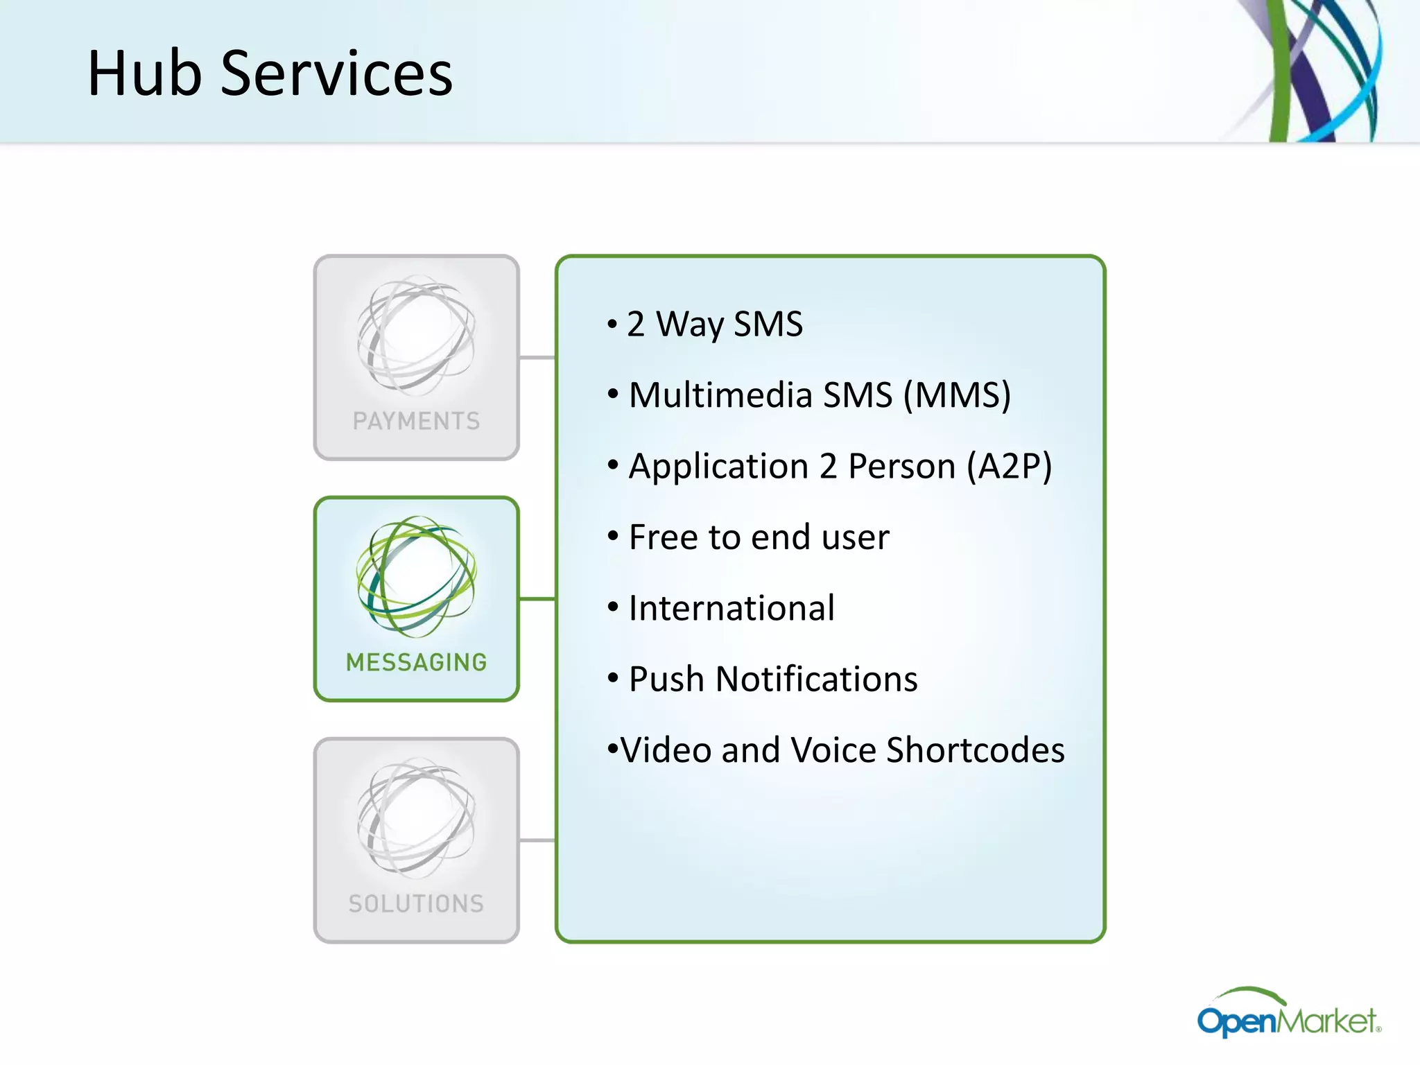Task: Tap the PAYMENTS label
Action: click(x=416, y=421)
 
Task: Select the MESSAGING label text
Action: click(x=416, y=662)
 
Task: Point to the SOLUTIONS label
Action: click(x=416, y=903)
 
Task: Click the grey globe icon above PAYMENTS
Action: click(x=416, y=336)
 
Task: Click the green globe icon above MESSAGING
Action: click(x=416, y=576)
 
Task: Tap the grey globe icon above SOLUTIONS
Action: click(x=416, y=817)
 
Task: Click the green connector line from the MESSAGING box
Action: click(x=537, y=598)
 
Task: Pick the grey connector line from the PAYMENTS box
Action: click(x=537, y=358)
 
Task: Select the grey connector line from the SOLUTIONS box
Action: click(x=537, y=840)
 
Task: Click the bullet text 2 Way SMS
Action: click(x=714, y=324)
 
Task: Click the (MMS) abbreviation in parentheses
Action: click(x=957, y=395)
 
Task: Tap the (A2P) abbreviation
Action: click(x=1010, y=466)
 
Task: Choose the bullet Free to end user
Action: click(x=759, y=537)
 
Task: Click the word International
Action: click(x=731, y=608)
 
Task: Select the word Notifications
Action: click(x=816, y=679)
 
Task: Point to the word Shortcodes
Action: click(x=975, y=750)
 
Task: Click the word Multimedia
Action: click(x=720, y=395)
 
